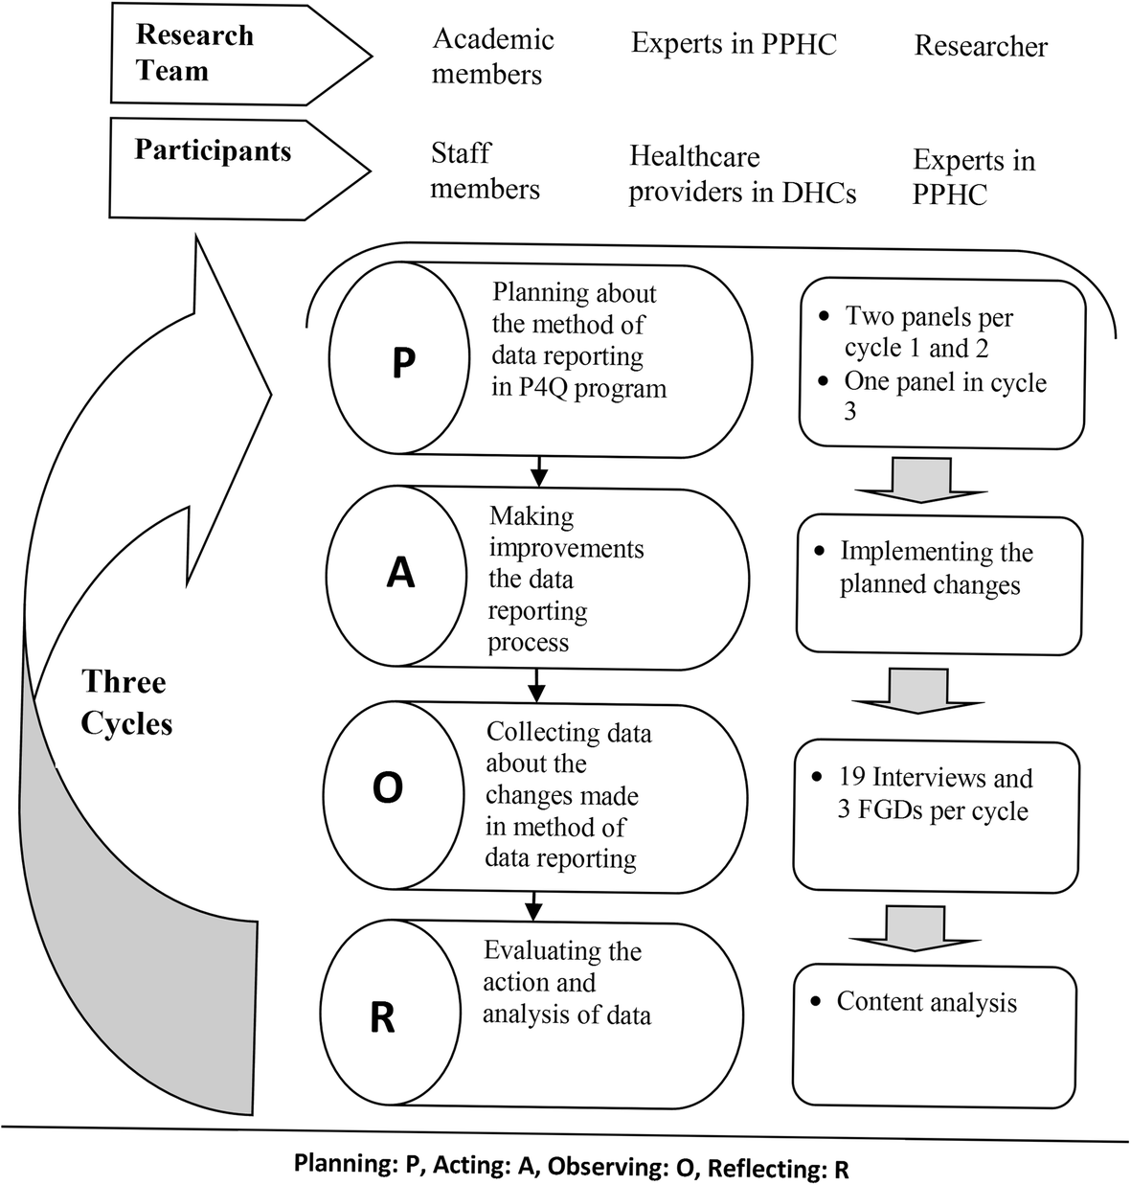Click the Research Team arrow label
tap(194, 53)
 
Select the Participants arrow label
tap(213, 150)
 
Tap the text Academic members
tap(492, 57)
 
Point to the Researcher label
tap(981, 46)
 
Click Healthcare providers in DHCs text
tap(742, 174)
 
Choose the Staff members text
tap(485, 171)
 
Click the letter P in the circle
tap(403, 365)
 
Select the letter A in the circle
tap(399, 572)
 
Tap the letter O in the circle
tap(387, 788)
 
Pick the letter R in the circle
tap(382, 1017)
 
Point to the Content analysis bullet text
tap(926, 1002)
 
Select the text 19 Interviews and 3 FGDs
tap(934, 794)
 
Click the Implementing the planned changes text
tap(936, 568)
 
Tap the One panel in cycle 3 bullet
tap(944, 396)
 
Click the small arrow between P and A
tap(537, 469)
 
